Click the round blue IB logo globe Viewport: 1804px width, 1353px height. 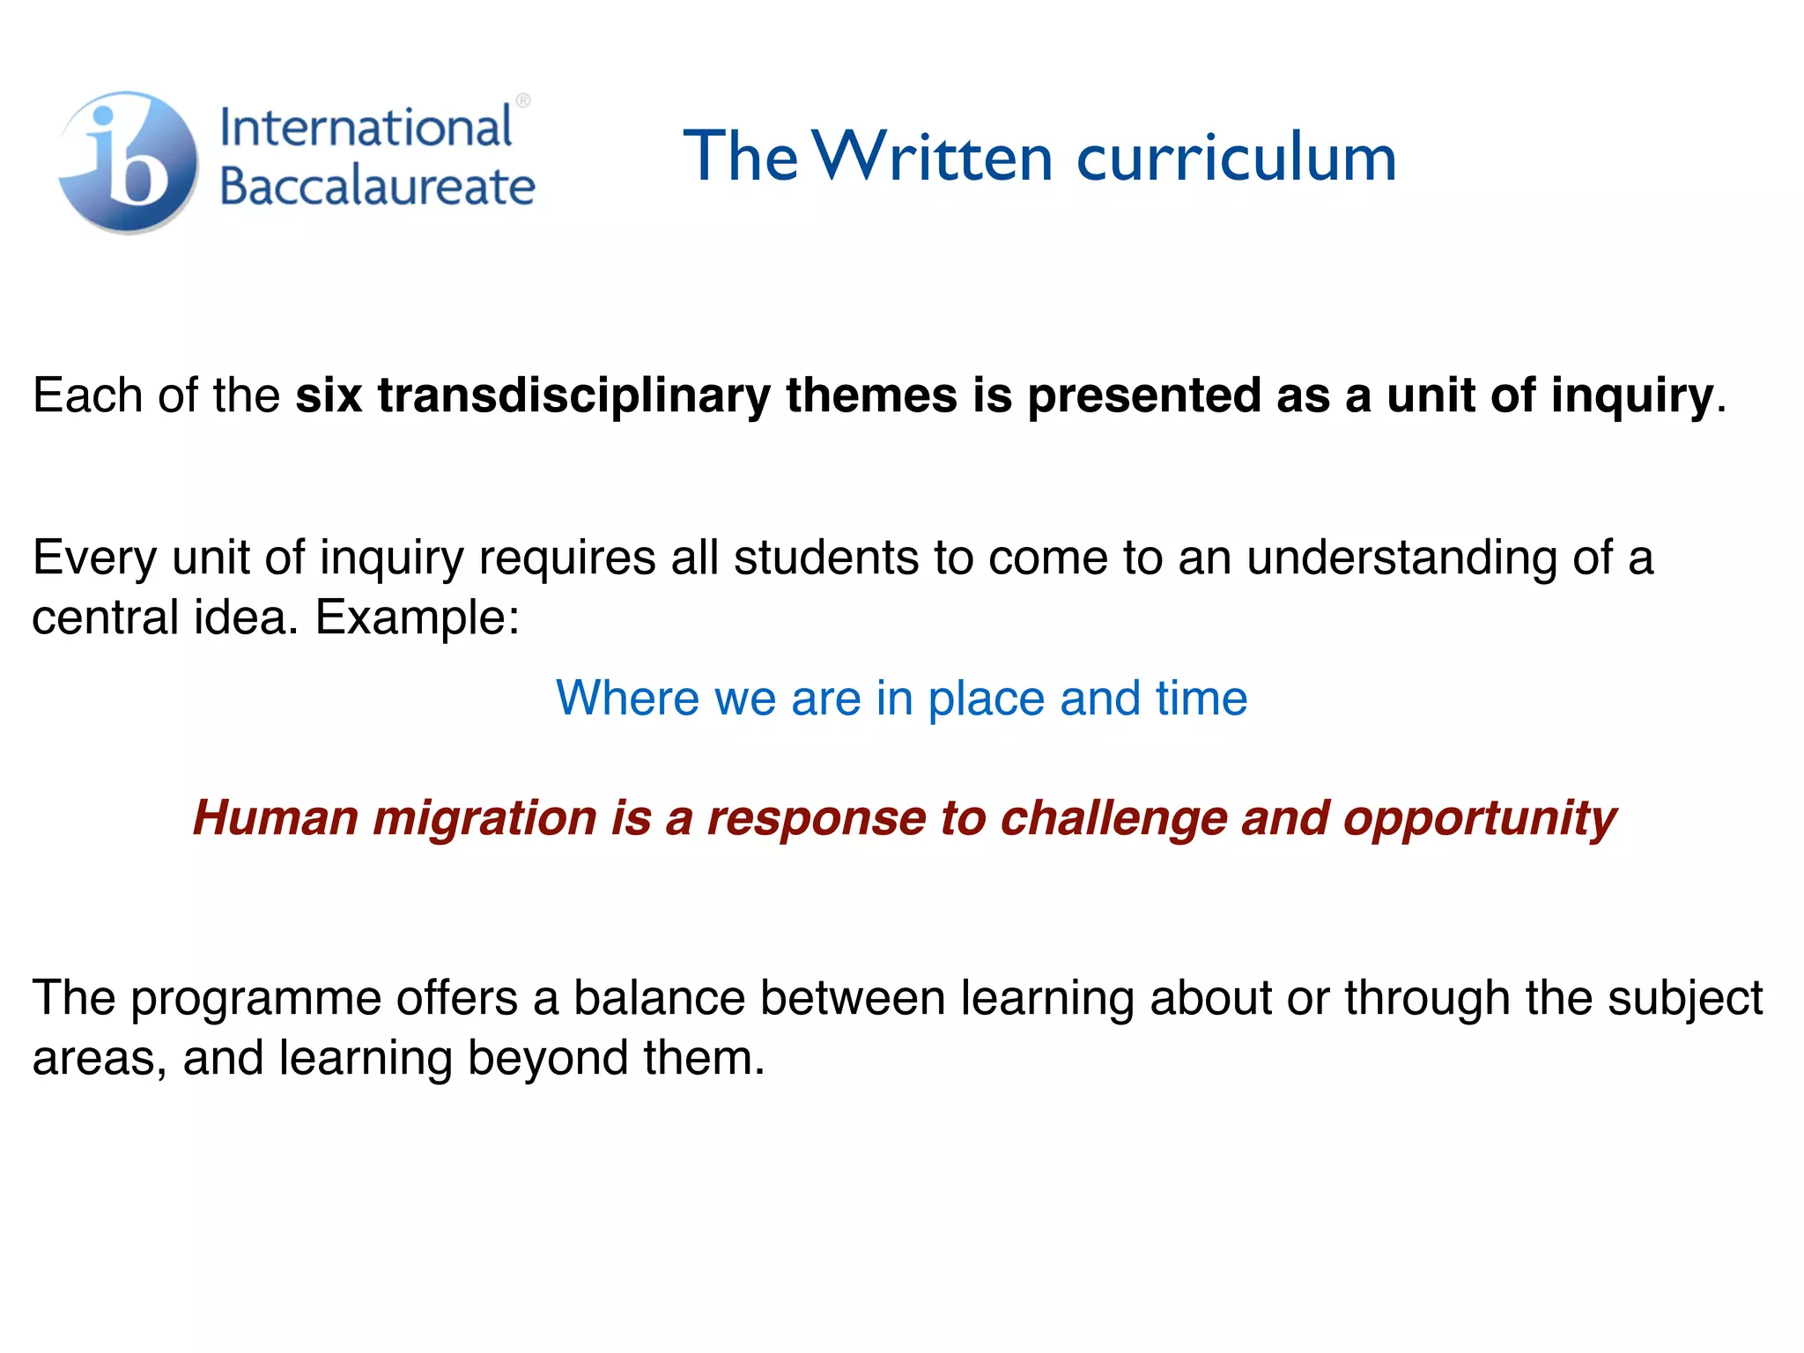click(129, 162)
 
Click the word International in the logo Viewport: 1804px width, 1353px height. click(366, 127)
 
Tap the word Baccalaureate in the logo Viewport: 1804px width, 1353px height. click(377, 186)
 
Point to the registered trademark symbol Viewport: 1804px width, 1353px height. click(522, 101)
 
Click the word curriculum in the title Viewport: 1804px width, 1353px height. click(1237, 159)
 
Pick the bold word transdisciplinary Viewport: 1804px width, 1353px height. click(574, 396)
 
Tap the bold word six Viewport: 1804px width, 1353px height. click(329, 396)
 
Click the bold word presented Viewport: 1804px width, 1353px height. click(1144, 396)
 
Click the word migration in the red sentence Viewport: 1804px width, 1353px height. click(485, 818)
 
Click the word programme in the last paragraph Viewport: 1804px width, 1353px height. click(255, 999)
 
